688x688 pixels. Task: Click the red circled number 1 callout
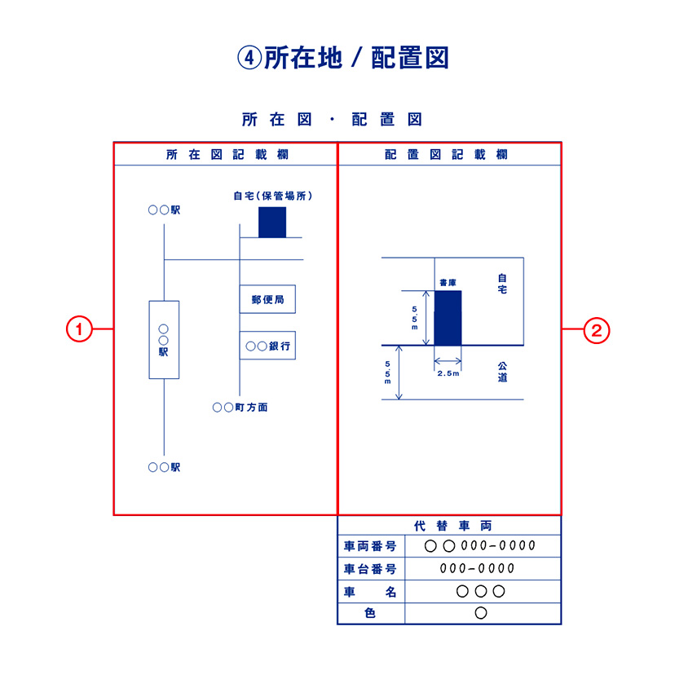coord(78,330)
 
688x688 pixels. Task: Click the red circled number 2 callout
coord(597,330)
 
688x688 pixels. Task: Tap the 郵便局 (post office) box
coord(267,299)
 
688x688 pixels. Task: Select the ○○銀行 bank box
coord(267,346)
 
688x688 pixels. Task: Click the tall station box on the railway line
coord(164,339)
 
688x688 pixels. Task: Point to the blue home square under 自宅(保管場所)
coord(272,222)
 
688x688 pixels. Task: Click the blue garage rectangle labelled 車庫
coord(448,317)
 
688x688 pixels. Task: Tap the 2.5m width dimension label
coord(448,373)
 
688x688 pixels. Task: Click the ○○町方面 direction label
coord(240,407)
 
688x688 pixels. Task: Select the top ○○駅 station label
coord(164,209)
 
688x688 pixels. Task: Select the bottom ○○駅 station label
coord(164,467)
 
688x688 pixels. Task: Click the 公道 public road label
coord(502,373)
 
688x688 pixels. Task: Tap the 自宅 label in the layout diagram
coord(502,284)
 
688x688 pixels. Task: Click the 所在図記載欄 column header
coord(227,154)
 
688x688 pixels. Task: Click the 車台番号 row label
coord(370,568)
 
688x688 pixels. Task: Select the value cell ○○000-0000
coord(481,545)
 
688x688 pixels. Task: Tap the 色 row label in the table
coord(370,613)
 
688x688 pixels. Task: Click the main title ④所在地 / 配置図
coord(343,57)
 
